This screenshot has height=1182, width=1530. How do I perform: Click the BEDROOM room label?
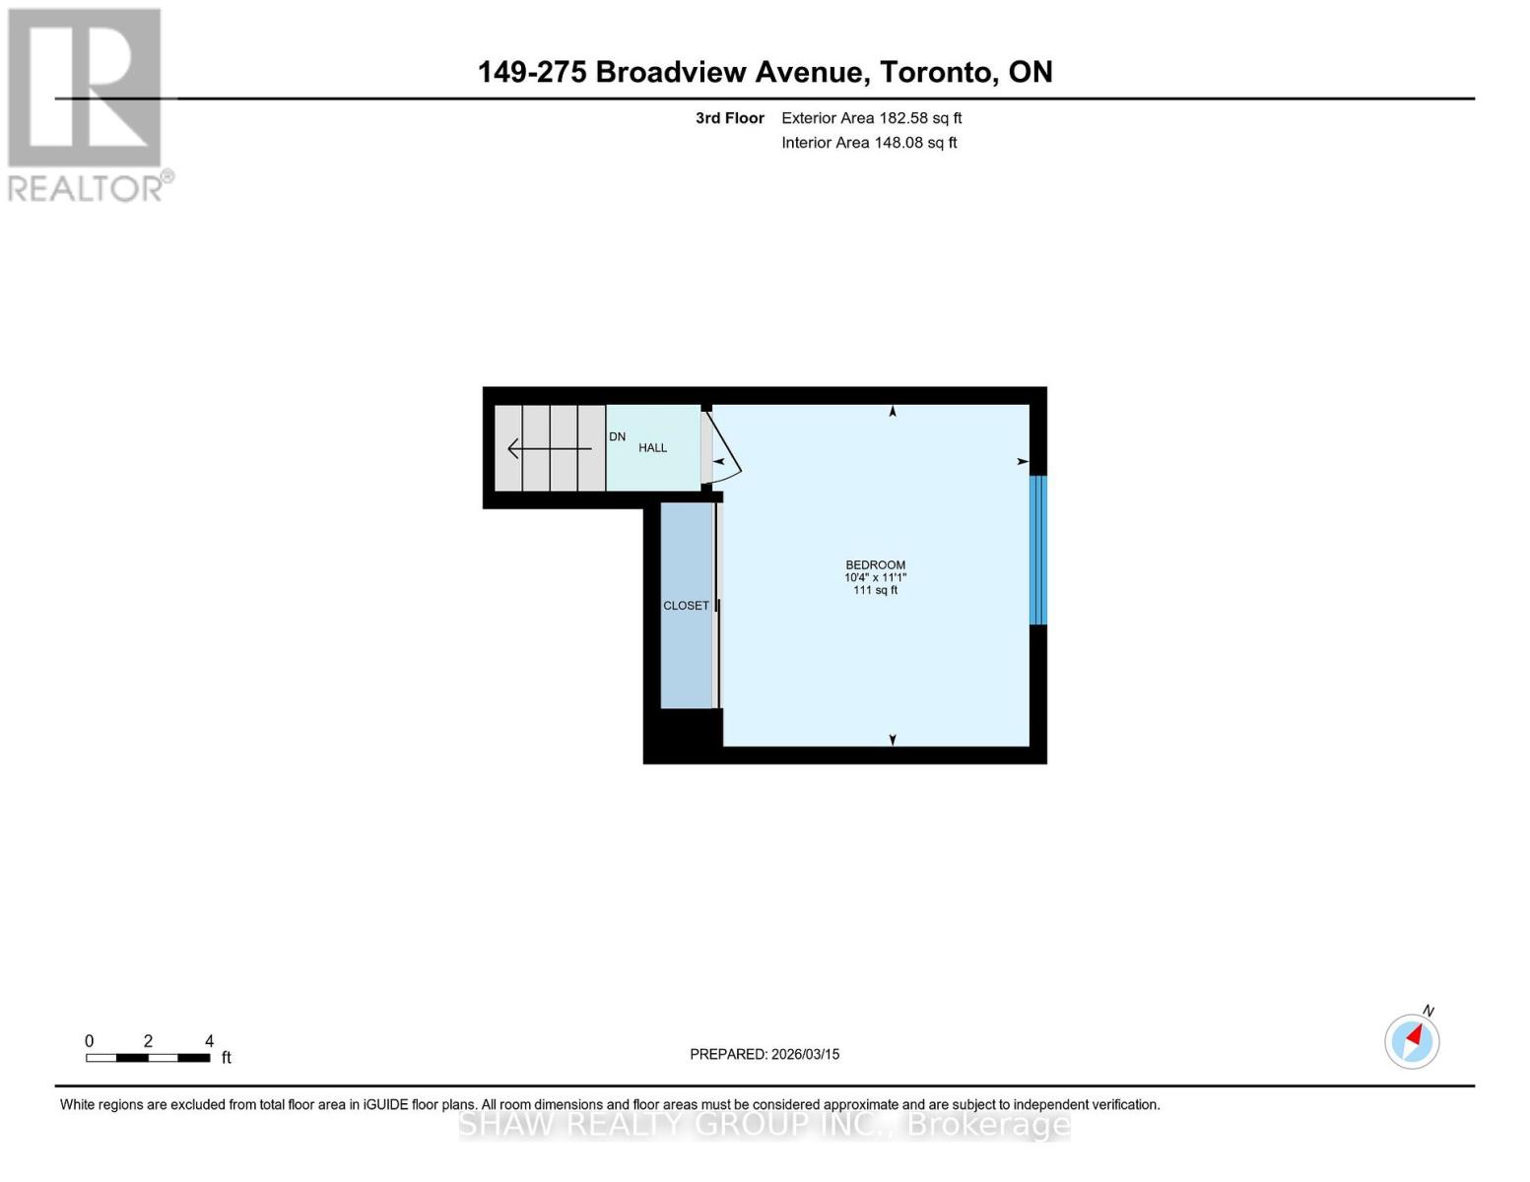[x=875, y=564]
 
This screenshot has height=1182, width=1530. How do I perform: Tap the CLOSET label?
[x=686, y=606]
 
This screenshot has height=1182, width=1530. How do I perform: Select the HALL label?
[x=652, y=448]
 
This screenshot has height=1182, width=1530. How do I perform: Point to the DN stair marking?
[x=617, y=436]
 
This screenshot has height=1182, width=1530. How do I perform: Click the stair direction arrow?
[x=548, y=449]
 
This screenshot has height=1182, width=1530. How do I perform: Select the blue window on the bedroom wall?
[x=1037, y=550]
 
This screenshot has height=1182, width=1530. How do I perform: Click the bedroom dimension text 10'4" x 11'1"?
[x=875, y=577]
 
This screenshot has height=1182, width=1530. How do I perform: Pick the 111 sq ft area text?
[x=875, y=590]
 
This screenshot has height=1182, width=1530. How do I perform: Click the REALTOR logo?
[x=87, y=104]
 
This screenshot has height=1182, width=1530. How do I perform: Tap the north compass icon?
[x=1412, y=1040]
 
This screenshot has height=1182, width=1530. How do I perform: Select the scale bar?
[x=148, y=1058]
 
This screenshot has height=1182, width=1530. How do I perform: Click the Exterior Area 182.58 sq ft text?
[x=871, y=118]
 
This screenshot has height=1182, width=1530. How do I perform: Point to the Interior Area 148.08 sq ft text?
[x=869, y=143]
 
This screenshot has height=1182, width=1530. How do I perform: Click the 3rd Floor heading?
[x=729, y=118]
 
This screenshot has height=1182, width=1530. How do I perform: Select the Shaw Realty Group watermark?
[x=765, y=1124]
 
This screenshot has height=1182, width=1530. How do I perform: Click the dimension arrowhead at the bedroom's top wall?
[x=893, y=412]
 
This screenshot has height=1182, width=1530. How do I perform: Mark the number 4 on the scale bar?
[x=209, y=1041]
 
